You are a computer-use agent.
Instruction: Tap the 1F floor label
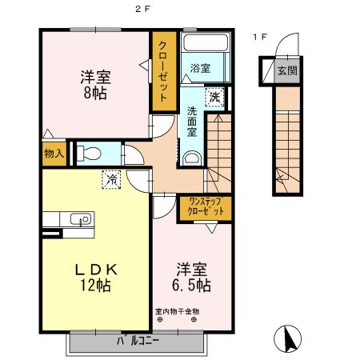point(260,37)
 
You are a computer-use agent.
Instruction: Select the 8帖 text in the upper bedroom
point(94,93)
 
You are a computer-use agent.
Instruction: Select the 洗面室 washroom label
point(193,122)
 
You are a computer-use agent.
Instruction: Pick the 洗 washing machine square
point(214,97)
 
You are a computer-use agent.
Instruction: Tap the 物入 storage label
point(54,153)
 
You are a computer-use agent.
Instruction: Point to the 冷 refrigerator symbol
point(112,180)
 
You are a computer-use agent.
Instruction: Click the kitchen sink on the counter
point(79,219)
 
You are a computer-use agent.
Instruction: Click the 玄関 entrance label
point(286,71)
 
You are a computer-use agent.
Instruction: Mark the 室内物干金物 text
point(178,310)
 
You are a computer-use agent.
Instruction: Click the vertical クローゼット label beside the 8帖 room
point(162,72)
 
